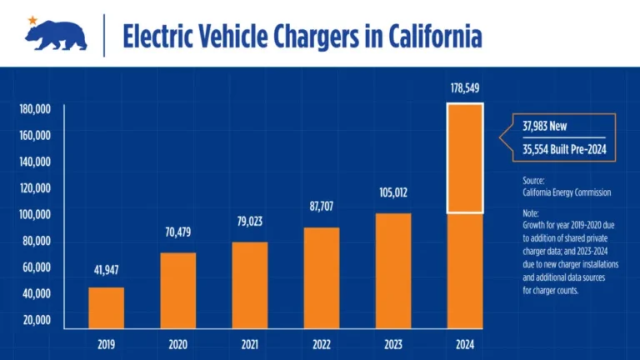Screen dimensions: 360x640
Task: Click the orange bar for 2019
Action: click(106, 307)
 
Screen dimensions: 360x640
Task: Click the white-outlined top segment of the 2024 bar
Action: click(464, 158)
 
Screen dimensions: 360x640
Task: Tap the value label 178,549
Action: click(464, 87)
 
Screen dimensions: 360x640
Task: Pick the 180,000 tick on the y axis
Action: click(35, 108)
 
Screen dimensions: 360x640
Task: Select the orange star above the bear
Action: click(32, 19)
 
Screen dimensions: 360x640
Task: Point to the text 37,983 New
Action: click(546, 127)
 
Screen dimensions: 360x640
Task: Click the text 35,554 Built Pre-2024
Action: click(562, 151)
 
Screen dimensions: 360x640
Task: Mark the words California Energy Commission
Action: click(561, 192)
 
